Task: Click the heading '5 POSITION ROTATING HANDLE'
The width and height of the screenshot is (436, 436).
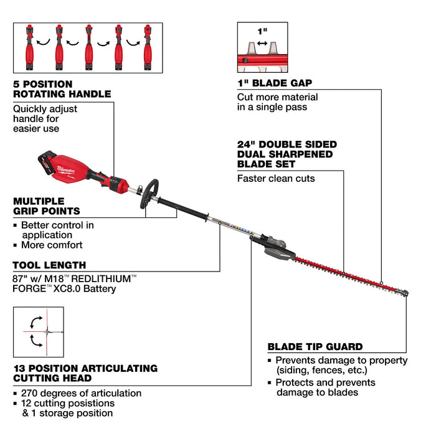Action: pos(62,88)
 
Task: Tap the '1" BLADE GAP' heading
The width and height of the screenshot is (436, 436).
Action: pos(275,82)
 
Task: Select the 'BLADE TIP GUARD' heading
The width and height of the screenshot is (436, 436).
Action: pos(315,347)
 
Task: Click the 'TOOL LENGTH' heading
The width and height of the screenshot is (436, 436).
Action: pos(49,265)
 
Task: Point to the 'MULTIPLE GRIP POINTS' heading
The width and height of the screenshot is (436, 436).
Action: pos(47,206)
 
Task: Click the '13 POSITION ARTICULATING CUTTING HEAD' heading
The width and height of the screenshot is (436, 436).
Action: pos(85,373)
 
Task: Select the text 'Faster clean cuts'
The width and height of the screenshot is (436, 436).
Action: pos(276,178)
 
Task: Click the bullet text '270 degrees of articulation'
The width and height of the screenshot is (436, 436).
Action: pos(81,393)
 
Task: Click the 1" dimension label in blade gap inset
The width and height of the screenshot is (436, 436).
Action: pos(262,32)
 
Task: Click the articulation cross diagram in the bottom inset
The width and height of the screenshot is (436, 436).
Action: pos(37,333)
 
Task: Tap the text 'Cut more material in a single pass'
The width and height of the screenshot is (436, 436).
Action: pos(277,102)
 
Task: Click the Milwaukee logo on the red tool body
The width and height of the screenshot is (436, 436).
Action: pos(66,168)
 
